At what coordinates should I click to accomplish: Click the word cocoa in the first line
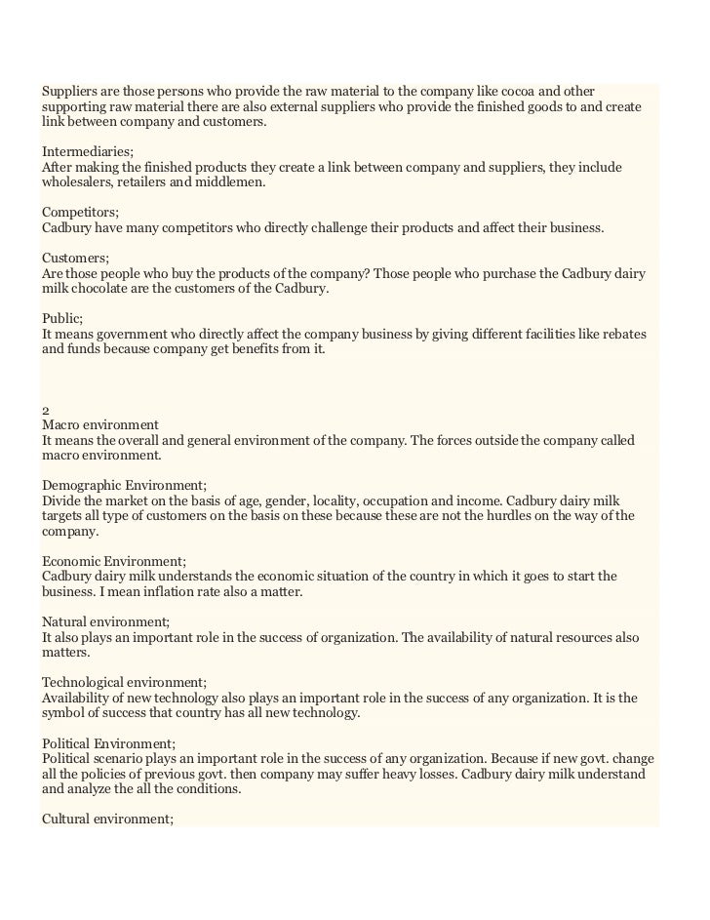point(524,91)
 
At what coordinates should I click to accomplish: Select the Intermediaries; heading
point(88,151)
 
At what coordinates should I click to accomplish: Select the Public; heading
point(62,318)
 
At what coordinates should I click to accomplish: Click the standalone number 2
point(46,410)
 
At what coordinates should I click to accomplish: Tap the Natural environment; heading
point(106,621)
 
